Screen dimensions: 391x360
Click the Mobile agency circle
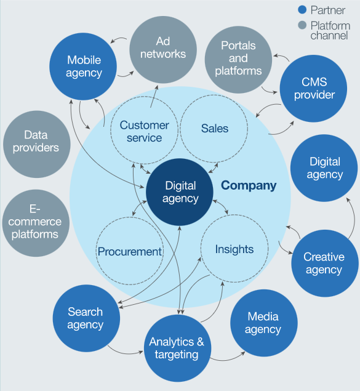pos(84,67)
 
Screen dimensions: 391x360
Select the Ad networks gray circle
pos(162,49)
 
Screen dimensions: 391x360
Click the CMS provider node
pos(314,88)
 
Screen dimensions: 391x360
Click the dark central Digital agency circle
pos(181,192)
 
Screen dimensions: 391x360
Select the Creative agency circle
pos(324,263)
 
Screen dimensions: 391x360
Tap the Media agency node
pos(263,323)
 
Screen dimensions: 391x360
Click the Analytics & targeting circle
pos(177,348)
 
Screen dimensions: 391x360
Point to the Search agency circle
pos(86,318)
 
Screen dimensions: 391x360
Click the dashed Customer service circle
pos(144,131)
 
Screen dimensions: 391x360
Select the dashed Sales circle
pos(215,129)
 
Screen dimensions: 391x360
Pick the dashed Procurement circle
pos(130,251)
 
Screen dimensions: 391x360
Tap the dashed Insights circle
pos(234,249)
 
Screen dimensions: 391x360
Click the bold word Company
pos(249,185)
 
